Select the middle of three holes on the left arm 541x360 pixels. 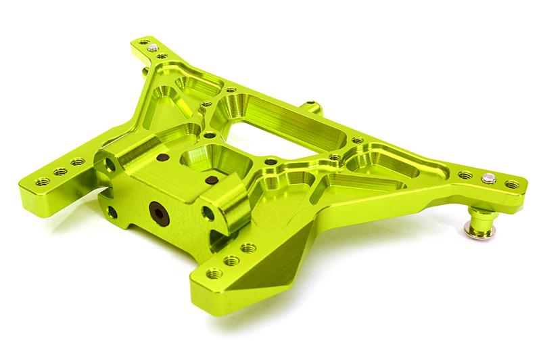61,171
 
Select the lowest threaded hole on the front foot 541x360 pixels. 214,273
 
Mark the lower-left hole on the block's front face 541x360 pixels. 112,212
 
